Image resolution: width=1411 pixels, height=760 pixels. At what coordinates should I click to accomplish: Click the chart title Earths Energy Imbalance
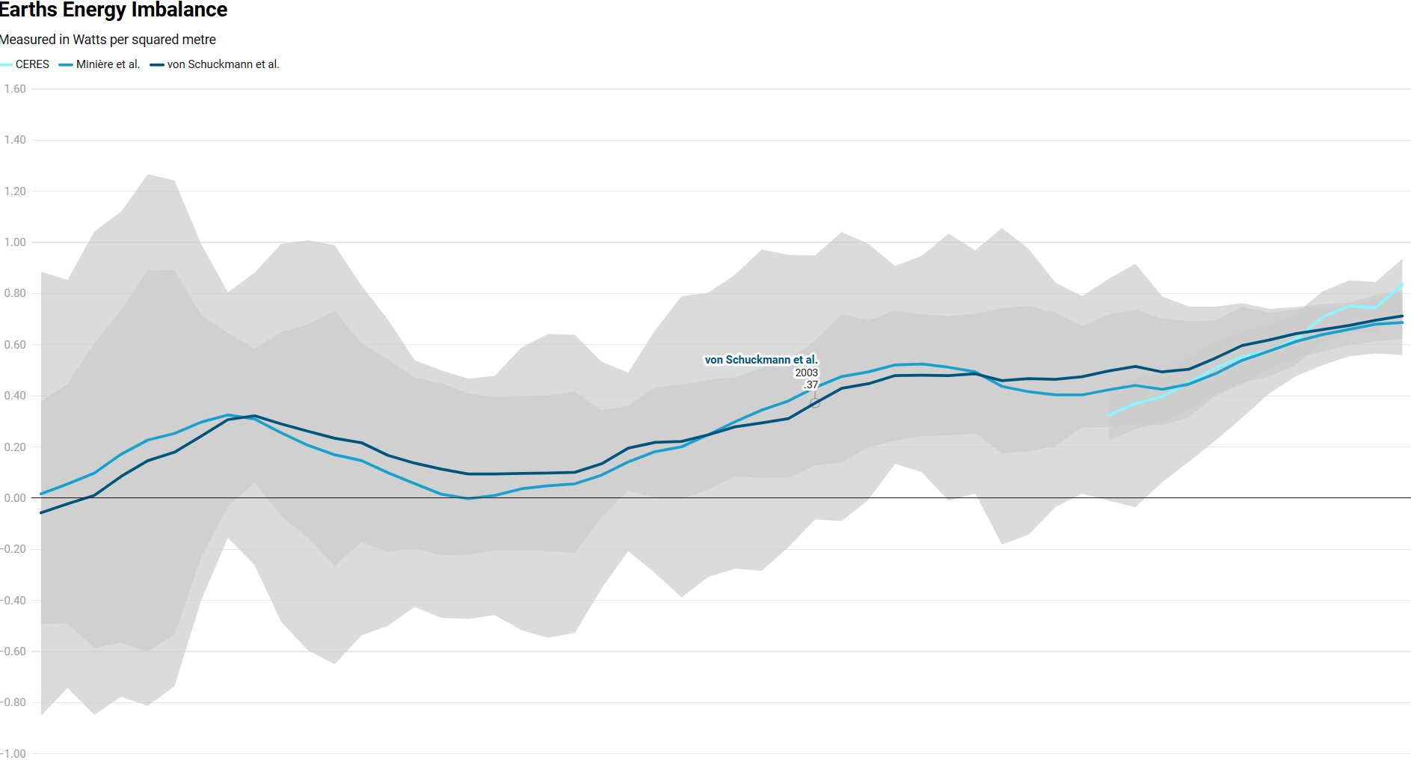tap(114, 10)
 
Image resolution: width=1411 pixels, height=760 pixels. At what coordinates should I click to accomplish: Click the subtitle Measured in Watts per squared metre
tap(108, 40)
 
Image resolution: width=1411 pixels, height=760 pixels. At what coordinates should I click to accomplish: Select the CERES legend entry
tap(31, 64)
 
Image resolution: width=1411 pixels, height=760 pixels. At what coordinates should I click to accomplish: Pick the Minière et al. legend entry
tap(108, 64)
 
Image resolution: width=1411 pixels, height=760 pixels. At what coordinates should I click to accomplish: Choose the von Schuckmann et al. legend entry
tap(223, 64)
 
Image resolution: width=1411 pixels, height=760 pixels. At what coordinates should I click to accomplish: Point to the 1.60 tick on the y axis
tap(15, 89)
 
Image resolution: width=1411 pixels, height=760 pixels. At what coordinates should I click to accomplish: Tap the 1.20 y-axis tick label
tap(15, 191)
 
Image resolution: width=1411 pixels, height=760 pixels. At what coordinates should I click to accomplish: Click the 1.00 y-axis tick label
tap(15, 242)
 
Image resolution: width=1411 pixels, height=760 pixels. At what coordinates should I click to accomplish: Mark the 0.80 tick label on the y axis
tap(15, 293)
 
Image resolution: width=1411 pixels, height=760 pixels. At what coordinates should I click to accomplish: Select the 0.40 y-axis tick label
tap(15, 396)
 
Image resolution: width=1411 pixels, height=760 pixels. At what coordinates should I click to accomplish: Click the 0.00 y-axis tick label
tap(15, 498)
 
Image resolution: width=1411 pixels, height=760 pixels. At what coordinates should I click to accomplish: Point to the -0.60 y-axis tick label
tap(13, 652)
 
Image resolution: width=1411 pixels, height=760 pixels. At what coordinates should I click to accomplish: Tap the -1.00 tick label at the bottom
tap(13, 753)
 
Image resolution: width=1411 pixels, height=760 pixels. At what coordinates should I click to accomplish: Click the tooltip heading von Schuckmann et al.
tap(761, 360)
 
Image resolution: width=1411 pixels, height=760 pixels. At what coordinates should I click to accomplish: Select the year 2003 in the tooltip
tap(806, 373)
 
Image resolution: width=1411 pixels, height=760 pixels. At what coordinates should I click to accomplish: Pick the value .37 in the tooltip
tap(811, 384)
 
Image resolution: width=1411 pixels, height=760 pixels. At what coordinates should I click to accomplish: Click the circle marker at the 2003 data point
tap(815, 403)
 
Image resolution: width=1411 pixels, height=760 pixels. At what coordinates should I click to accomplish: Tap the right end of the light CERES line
tap(1401, 285)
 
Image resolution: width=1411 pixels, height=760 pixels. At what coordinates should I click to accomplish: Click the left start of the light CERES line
tap(1110, 414)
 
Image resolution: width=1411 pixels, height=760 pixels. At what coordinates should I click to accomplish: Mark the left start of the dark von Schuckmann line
tap(41, 512)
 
